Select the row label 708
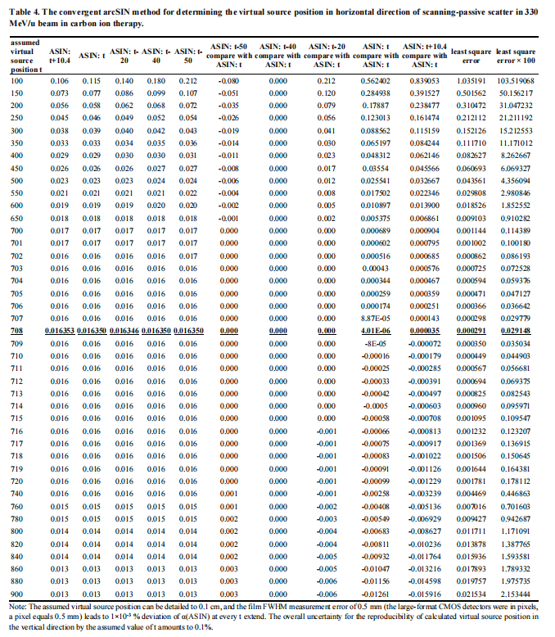pos(17,330)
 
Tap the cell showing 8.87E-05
pos(376,318)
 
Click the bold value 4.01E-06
pos(376,330)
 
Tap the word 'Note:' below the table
pos(15,606)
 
